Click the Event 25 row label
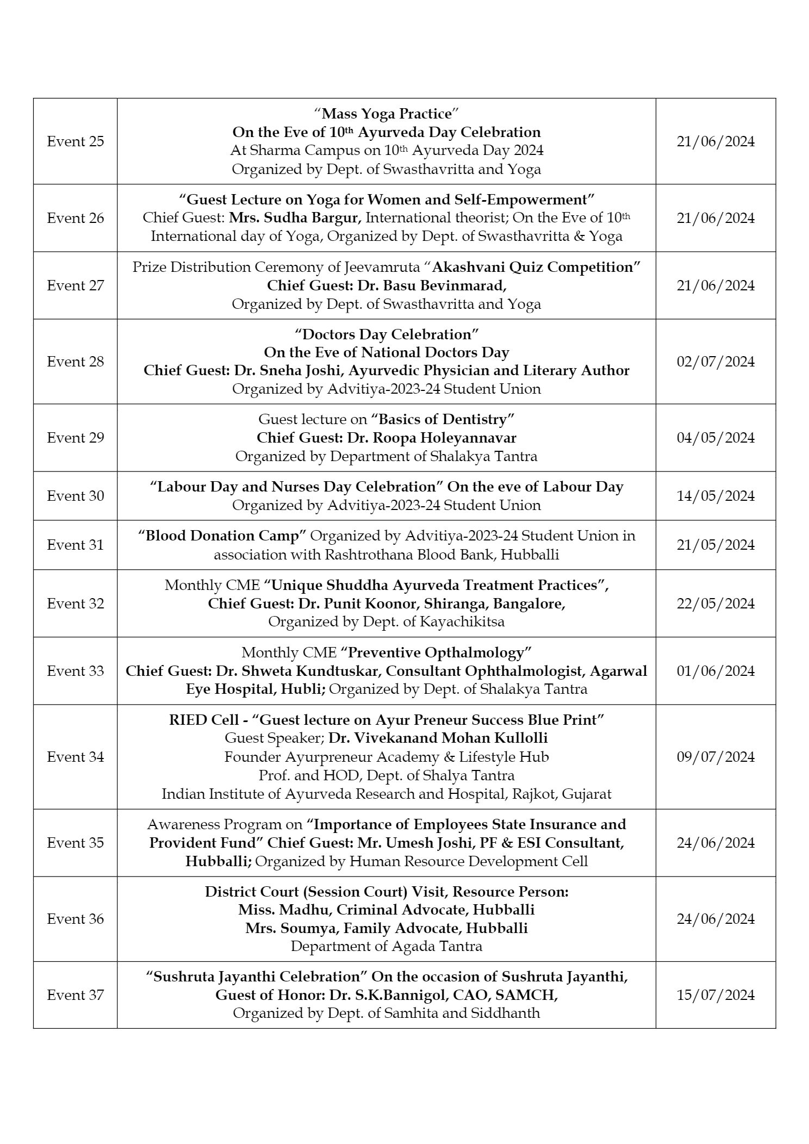click(75, 141)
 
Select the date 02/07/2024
click(715, 362)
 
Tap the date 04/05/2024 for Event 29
click(715, 438)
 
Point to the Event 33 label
click(75, 671)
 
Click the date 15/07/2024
click(715, 995)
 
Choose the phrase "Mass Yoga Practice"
click(387, 114)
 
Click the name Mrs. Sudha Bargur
click(295, 218)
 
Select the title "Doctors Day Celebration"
click(387, 334)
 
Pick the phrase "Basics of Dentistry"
click(443, 419)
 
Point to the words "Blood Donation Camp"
click(222, 536)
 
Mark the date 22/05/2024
click(715, 604)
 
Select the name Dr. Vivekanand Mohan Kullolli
click(438, 738)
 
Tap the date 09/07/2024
click(715, 757)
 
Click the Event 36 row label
click(75, 919)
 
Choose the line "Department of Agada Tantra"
click(387, 947)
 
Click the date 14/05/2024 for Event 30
click(715, 496)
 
